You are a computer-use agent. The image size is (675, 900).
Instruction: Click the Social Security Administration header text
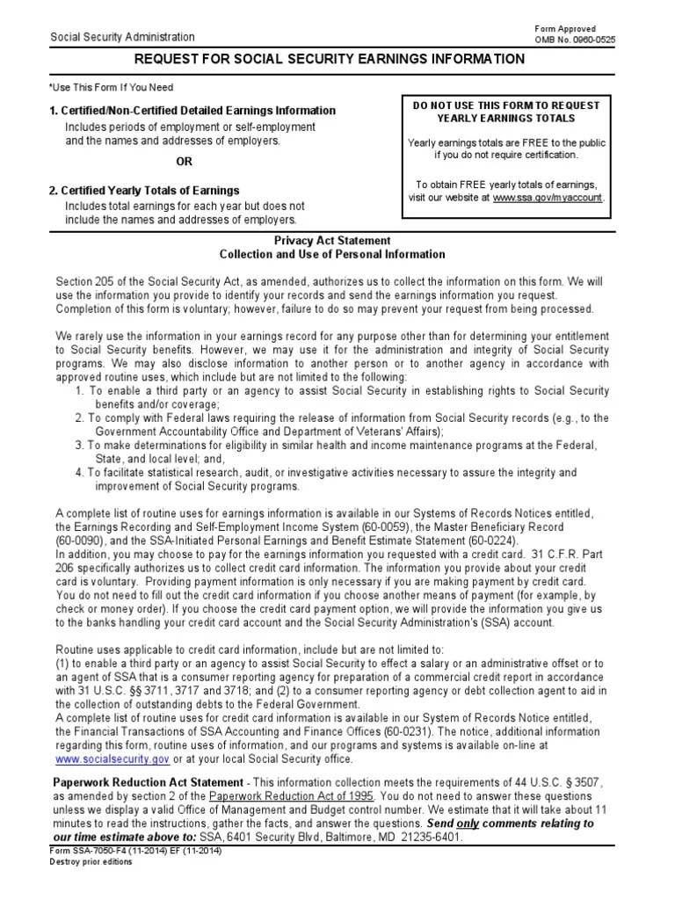click(x=123, y=37)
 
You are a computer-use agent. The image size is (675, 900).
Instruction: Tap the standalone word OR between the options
click(x=184, y=162)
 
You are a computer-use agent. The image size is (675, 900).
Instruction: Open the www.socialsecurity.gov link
click(x=112, y=759)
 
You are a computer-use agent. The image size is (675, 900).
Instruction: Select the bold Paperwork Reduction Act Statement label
click(x=149, y=782)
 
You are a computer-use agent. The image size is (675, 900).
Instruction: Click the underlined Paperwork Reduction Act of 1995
click(x=291, y=795)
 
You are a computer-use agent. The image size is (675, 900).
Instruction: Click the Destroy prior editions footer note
click(x=91, y=861)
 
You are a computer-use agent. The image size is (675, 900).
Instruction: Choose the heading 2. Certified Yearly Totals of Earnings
click(x=144, y=191)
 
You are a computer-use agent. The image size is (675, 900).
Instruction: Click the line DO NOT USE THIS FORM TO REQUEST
click(x=506, y=105)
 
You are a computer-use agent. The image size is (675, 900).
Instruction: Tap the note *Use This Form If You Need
click(x=112, y=88)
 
